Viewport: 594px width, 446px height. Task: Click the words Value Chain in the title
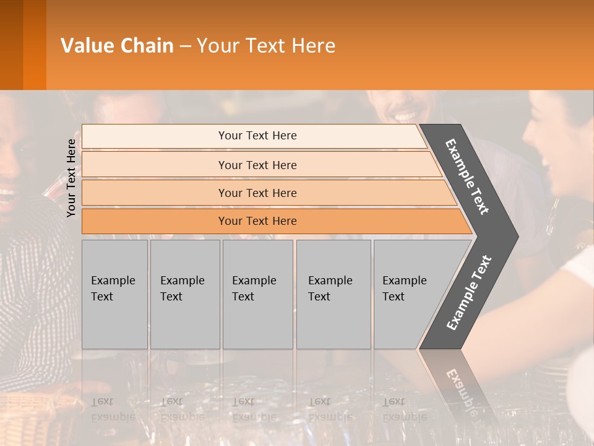117,45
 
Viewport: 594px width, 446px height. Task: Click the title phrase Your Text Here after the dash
266,45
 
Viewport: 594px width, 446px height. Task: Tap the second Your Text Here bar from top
257,165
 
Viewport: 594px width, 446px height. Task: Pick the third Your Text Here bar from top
257,193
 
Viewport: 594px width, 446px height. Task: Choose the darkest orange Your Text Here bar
257,221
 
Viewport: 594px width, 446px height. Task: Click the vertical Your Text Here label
71,178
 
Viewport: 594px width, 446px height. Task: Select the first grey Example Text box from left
114,294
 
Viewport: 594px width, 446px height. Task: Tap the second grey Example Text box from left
184,294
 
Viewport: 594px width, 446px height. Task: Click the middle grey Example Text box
257,294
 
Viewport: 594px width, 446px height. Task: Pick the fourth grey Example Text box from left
333,294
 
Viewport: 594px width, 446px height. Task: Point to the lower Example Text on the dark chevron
469,292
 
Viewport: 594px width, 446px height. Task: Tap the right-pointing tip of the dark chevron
515,237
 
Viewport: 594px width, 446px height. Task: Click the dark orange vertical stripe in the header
34,45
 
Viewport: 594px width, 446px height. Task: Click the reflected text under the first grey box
113,409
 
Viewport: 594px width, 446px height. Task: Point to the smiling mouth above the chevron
406,116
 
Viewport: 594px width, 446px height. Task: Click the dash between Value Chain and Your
185,46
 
